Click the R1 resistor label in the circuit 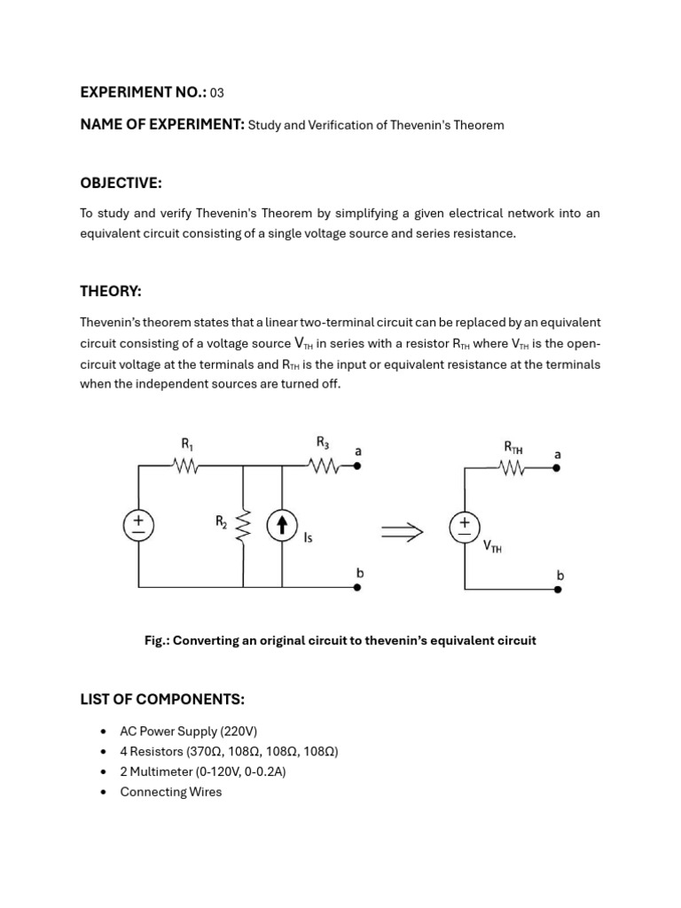click(187, 444)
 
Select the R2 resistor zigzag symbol click(243, 528)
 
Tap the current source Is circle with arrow click(282, 527)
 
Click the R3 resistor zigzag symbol click(325, 466)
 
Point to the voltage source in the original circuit click(138, 526)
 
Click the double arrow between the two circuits click(402, 531)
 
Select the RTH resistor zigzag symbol click(513, 468)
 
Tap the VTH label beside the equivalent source click(492, 547)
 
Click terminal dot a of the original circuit click(357, 466)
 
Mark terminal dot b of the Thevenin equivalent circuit click(557, 588)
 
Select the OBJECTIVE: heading click(121, 183)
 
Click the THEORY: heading click(110, 292)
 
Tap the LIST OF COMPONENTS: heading click(162, 700)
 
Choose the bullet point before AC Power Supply click(104, 732)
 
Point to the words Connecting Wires click(170, 792)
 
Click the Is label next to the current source click(308, 537)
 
